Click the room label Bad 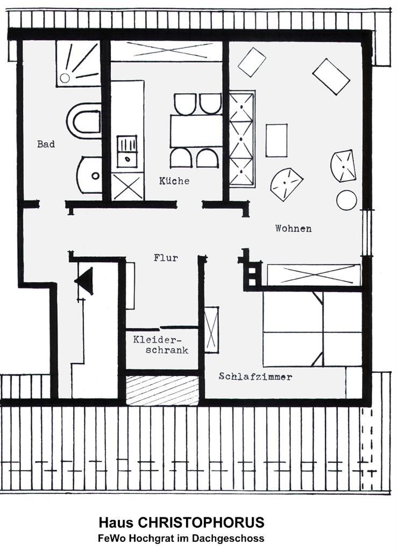click(46, 144)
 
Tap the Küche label click(174, 181)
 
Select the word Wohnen click(293, 228)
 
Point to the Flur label click(166, 258)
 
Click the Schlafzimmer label click(255, 377)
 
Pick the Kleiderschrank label click(161, 345)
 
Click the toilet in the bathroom click(83, 121)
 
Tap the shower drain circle click(65, 77)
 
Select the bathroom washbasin click(90, 175)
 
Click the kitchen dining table click(196, 131)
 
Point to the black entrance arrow click(84, 281)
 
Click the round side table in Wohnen click(347, 200)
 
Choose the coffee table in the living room click(276, 140)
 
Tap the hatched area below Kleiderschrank click(162, 391)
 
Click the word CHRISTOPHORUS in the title click(201, 522)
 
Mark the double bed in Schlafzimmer click(312, 329)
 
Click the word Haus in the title click(116, 522)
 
